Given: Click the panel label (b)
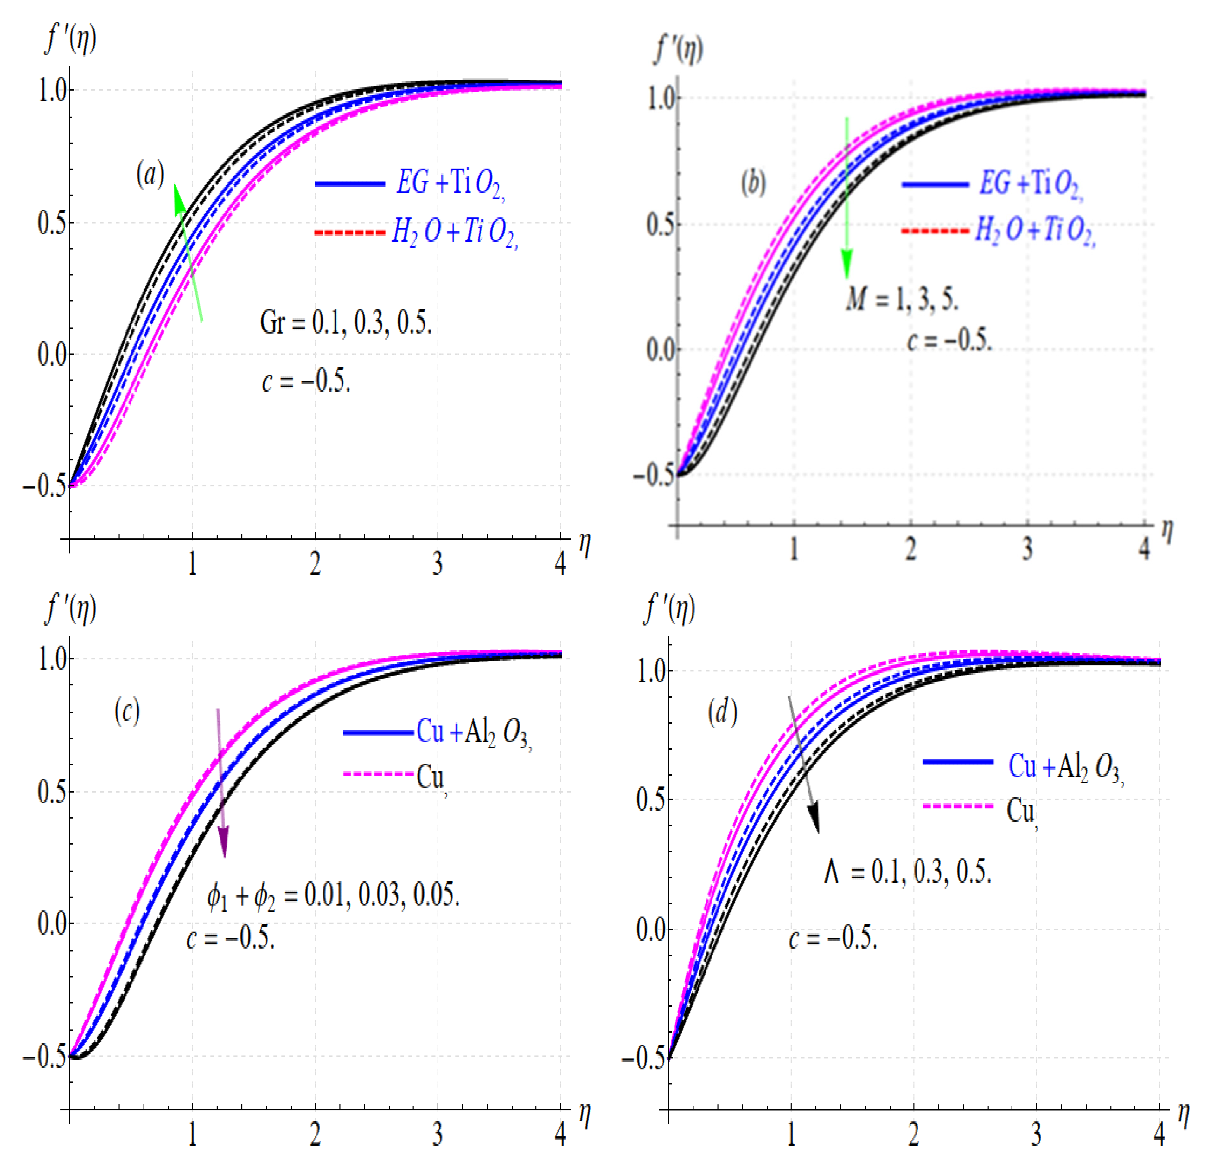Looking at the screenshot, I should point(753,183).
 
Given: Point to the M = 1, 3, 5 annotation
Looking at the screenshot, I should point(901,299).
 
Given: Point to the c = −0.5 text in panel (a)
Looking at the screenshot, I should point(306,380).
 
